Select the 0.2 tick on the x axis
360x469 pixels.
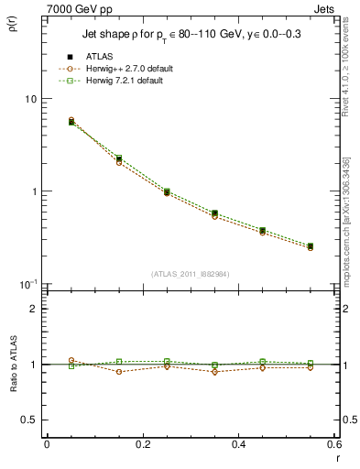pyautogui.click(x=143, y=444)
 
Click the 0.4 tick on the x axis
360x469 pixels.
pyautogui.click(x=238, y=444)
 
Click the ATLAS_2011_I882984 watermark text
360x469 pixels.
pyautogui.click(x=190, y=274)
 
